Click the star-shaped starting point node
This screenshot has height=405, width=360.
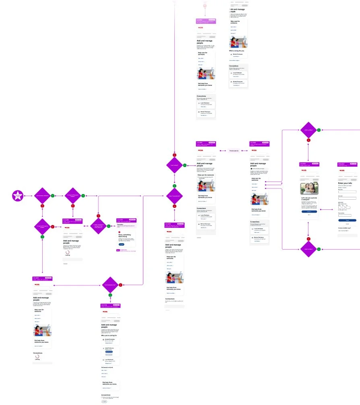[x=18, y=196]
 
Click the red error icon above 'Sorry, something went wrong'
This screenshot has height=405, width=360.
[x=120, y=231]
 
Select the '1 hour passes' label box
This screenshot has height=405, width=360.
[x=234, y=151]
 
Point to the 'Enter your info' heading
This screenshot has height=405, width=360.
[x=347, y=184]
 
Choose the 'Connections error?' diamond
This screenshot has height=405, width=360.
[x=110, y=285]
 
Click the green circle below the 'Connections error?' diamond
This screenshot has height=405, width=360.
[x=110, y=298]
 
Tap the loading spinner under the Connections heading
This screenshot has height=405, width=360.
[x=37, y=356]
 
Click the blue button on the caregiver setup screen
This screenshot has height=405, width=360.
[x=309, y=211]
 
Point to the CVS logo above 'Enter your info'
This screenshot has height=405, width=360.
[x=342, y=170]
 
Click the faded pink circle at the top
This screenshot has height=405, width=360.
[x=205, y=5]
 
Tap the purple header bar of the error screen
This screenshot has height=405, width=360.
[x=126, y=220]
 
